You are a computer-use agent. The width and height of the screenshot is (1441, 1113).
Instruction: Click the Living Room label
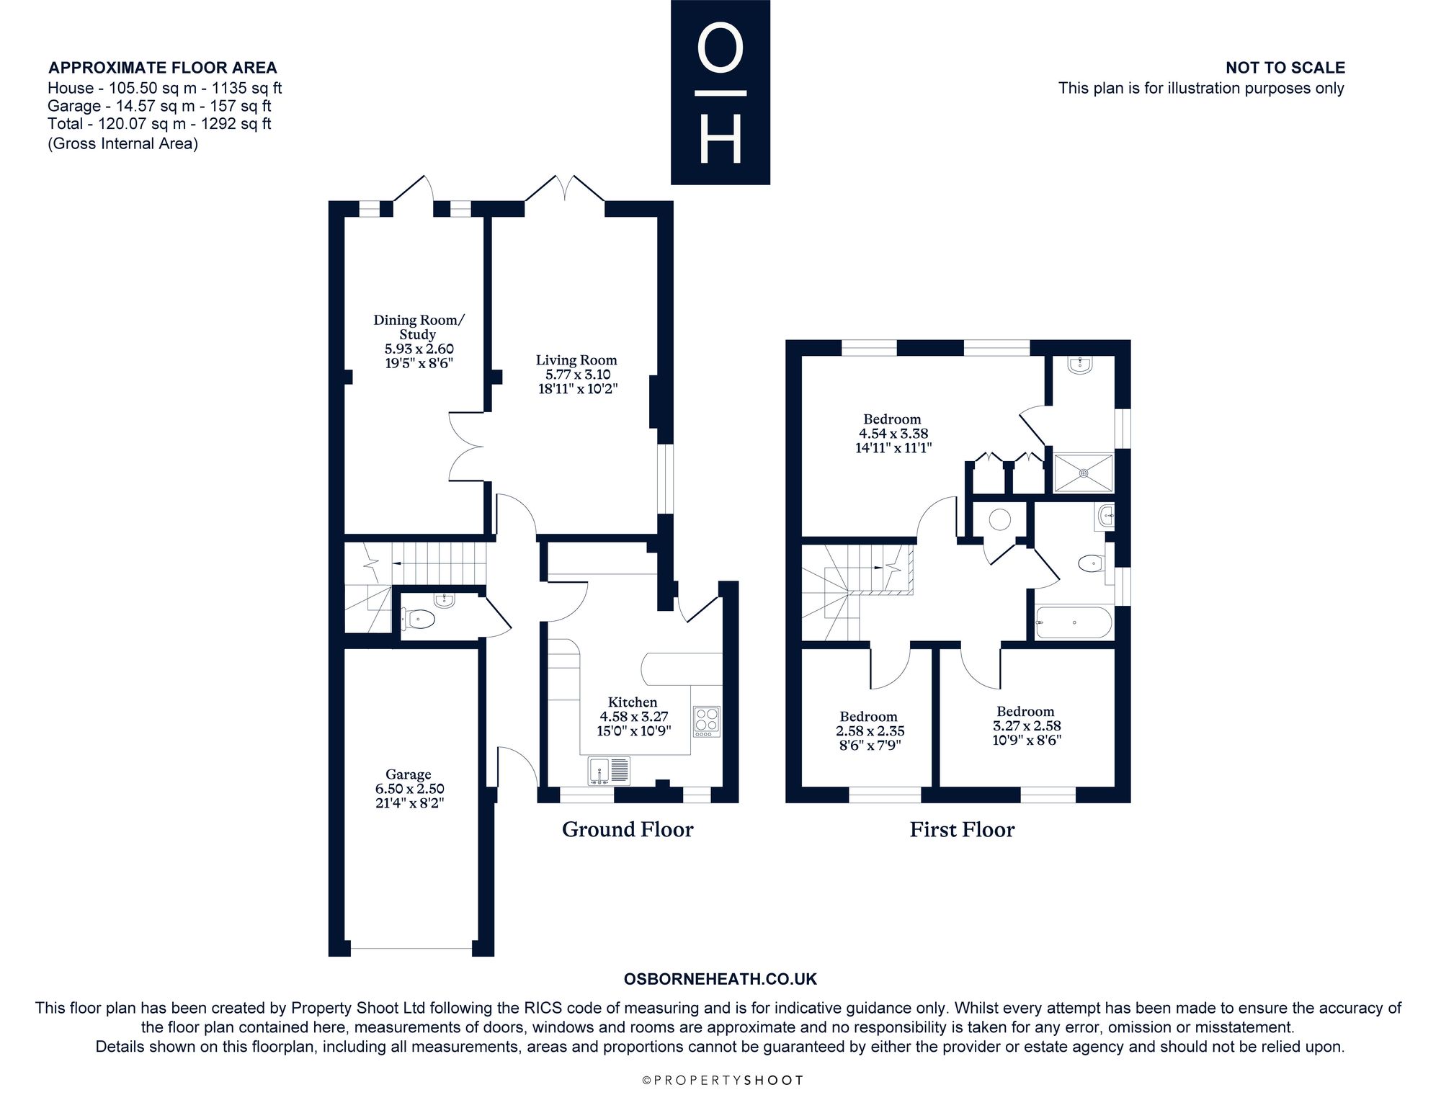[x=576, y=360]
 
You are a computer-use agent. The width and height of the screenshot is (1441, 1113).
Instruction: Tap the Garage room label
[x=408, y=775]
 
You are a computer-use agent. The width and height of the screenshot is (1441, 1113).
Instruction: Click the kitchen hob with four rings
[x=706, y=721]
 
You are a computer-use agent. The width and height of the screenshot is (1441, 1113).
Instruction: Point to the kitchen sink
[x=610, y=771]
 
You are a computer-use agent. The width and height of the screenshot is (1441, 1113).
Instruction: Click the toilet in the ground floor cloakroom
[x=418, y=619]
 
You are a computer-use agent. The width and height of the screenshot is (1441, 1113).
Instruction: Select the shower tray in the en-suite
[x=1084, y=473]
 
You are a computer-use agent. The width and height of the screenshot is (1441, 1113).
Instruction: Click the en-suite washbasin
[x=1081, y=365]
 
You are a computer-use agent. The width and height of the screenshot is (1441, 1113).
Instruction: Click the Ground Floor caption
[x=628, y=830]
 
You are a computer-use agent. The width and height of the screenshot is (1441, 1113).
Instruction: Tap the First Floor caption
[x=962, y=830]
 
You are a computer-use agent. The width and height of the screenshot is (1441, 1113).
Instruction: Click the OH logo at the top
[x=720, y=92]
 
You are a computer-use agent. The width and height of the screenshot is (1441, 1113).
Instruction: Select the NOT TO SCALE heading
[x=1285, y=68]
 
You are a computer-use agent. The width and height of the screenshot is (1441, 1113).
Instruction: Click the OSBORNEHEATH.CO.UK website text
[x=720, y=979]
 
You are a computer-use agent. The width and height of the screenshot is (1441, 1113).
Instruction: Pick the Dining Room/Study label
[x=419, y=327]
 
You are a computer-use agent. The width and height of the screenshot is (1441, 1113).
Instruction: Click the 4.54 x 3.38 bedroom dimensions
[x=893, y=434]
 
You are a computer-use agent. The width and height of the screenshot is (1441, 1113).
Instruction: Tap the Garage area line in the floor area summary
[x=159, y=106]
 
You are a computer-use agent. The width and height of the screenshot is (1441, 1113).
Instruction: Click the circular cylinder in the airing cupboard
[x=999, y=519]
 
